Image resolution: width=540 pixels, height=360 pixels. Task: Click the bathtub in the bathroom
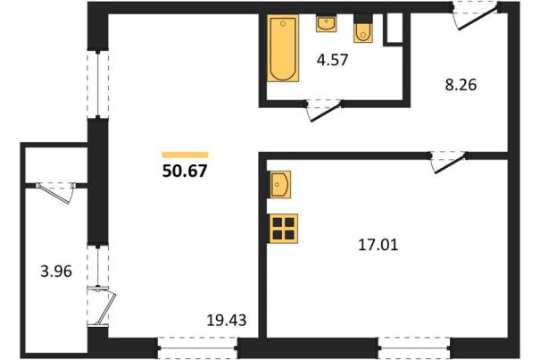[283, 48]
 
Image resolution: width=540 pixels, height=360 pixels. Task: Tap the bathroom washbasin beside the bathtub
[326, 23]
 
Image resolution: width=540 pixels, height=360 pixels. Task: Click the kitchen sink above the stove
[279, 185]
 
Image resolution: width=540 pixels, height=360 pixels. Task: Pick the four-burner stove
[283, 229]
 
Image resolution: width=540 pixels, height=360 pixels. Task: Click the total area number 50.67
[185, 171]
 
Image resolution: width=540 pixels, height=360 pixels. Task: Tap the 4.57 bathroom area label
[333, 60]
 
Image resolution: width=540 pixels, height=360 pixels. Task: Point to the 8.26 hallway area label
[461, 85]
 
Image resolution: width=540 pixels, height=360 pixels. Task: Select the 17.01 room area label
[378, 245]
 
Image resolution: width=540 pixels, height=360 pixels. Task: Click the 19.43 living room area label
[227, 321]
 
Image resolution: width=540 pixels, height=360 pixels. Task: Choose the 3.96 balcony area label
[56, 272]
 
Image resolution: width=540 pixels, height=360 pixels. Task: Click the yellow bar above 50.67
[185, 155]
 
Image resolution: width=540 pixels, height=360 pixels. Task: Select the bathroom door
[324, 111]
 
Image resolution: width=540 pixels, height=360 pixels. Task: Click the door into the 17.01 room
[448, 162]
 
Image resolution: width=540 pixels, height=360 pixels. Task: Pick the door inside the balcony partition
[55, 192]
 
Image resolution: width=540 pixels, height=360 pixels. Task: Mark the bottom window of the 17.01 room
[414, 347]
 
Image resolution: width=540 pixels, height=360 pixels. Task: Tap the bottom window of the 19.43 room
[197, 347]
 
